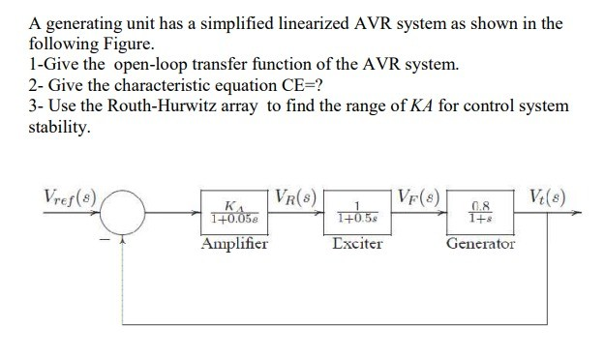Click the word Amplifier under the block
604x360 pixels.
tap(234, 244)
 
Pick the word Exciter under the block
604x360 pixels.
tap(357, 244)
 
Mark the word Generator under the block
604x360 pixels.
tap(481, 244)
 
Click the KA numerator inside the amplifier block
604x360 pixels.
tap(231, 206)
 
